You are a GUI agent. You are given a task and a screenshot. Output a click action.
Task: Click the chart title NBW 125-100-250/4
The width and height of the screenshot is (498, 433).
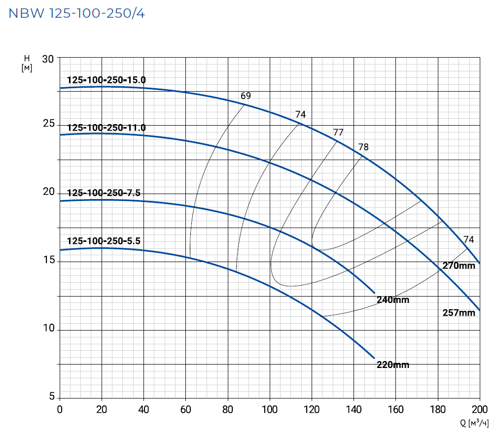[x=77, y=13]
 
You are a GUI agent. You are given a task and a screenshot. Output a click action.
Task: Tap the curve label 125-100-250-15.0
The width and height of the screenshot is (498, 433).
[x=107, y=80]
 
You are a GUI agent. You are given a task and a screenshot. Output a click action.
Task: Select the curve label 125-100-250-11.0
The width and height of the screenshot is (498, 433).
[x=107, y=128]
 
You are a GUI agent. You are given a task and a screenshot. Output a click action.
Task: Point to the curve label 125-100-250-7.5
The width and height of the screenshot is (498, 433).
[x=104, y=193]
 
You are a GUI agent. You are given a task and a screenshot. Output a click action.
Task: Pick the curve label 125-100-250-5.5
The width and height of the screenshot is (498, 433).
[x=104, y=241]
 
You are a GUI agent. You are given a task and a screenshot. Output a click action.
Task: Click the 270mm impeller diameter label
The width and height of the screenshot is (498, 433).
[x=459, y=266]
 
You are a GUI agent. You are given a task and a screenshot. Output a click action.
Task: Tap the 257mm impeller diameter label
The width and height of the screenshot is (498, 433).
[x=459, y=313]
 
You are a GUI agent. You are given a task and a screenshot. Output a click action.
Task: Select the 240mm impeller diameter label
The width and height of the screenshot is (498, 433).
[x=392, y=300]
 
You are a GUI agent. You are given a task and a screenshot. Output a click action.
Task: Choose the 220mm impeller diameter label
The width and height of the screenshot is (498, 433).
[x=392, y=365]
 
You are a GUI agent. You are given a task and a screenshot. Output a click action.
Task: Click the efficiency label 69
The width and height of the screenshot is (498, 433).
[x=246, y=96]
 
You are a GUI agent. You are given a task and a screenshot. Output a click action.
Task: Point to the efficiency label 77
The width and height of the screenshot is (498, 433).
[x=338, y=133]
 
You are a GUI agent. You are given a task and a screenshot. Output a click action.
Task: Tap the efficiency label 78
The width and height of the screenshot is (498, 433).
[x=363, y=147]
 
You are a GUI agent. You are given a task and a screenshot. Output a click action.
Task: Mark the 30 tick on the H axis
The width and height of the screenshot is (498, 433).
[x=48, y=59]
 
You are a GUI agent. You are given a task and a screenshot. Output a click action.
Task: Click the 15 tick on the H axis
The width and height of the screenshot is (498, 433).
[x=48, y=261]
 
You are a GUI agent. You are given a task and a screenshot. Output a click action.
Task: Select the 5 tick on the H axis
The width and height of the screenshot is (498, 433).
[x=51, y=396]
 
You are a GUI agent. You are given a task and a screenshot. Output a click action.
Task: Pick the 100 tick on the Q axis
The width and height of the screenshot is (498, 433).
[x=270, y=409]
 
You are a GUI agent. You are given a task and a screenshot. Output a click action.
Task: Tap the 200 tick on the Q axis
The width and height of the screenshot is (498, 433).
[x=479, y=409]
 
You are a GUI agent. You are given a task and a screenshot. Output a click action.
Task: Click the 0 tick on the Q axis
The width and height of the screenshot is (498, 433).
[x=60, y=409]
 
